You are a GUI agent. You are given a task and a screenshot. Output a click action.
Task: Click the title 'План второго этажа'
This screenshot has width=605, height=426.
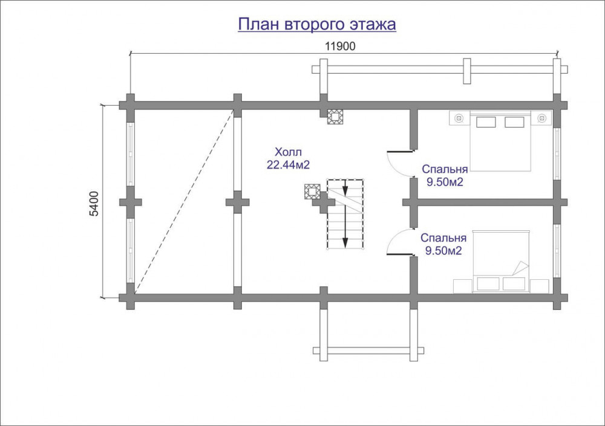pyautogui.click(x=317, y=24)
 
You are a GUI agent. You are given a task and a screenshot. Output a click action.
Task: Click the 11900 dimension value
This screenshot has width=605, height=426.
pyautogui.click(x=340, y=47)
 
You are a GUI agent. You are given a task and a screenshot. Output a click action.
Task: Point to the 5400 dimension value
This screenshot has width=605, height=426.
pyautogui.click(x=94, y=203)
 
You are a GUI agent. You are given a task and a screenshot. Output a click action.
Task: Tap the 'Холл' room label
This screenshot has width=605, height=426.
pyautogui.click(x=288, y=152)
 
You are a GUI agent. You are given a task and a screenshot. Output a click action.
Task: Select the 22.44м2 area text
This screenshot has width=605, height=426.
pyautogui.click(x=288, y=165)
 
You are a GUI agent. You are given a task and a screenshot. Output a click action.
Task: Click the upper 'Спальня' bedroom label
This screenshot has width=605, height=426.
pyautogui.click(x=445, y=169)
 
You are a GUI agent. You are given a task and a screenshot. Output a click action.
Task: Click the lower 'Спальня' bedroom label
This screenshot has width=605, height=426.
pyautogui.click(x=443, y=238)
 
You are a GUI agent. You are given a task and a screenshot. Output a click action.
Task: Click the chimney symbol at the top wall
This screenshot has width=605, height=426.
pyautogui.click(x=335, y=117)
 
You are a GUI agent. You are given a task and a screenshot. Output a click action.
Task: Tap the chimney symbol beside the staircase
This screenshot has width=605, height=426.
pyautogui.click(x=312, y=191)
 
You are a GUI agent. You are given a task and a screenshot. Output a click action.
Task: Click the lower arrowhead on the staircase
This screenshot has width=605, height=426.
pyautogui.click(x=345, y=242)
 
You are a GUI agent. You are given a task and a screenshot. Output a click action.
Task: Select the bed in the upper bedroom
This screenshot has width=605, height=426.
pyautogui.click(x=500, y=141)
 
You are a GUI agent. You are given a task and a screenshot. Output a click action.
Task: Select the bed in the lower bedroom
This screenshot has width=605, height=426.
pyautogui.click(x=501, y=262)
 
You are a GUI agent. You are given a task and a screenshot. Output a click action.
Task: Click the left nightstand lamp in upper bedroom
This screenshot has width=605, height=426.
pyautogui.click(x=459, y=118)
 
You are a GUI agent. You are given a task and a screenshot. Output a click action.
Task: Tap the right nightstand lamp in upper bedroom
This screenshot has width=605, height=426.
pyautogui.click(x=542, y=118)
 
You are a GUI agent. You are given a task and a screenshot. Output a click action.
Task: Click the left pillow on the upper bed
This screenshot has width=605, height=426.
pyautogui.click(x=486, y=122)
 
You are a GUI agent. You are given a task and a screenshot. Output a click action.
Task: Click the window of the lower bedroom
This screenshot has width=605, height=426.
pyautogui.click(x=557, y=250)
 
